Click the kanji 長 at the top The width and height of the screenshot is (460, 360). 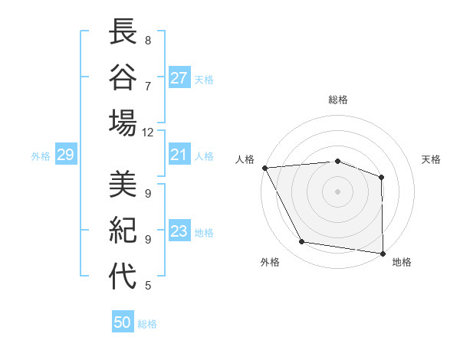coord(123,33)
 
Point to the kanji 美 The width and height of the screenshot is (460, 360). coord(123,186)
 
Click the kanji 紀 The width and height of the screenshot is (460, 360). coord(123,231)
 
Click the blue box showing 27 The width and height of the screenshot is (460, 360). coord(179,77)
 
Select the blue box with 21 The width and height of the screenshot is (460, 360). coord(179,155)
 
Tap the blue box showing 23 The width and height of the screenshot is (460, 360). coord(179,231)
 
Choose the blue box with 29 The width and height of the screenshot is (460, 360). coord(65,155)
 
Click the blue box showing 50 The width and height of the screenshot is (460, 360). coord(123,322)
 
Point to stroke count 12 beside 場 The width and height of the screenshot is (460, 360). coord(148,132)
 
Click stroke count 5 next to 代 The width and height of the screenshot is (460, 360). coord(148,286)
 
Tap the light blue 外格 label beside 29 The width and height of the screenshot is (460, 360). coord(41,156)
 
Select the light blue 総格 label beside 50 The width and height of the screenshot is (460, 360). coord(147,324)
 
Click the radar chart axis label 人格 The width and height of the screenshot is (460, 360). coord(245,159)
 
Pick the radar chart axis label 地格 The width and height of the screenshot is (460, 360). coord(402,262)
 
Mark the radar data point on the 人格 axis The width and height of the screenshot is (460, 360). coord(264,167)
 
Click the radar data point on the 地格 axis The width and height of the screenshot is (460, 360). coord(383,253)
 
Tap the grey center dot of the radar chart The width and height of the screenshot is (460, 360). coord(337,191)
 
